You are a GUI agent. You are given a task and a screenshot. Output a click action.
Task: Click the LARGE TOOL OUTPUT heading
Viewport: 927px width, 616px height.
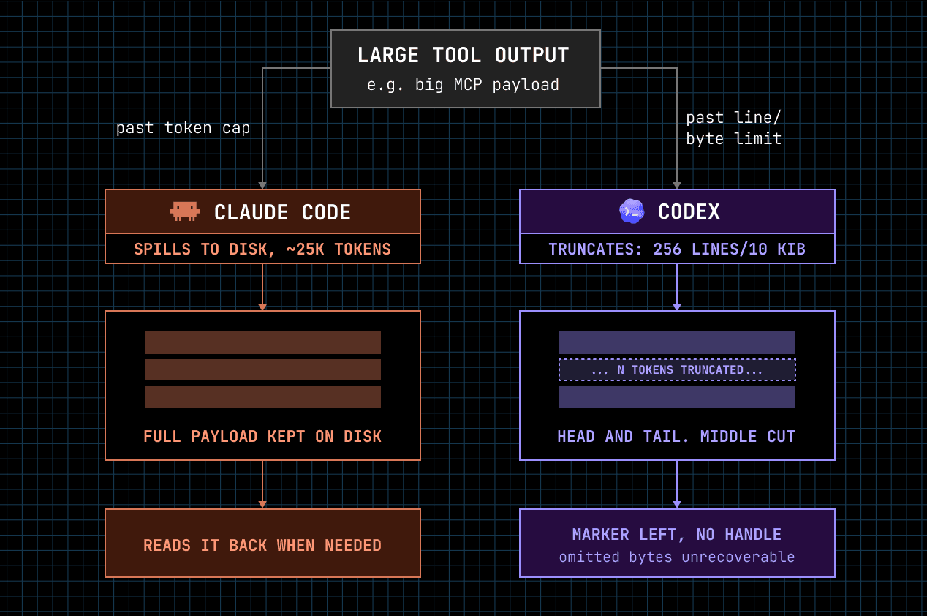463,55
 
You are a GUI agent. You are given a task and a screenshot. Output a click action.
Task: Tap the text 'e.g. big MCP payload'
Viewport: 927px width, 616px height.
463,85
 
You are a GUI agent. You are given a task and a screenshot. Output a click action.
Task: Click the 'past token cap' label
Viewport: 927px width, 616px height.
183,128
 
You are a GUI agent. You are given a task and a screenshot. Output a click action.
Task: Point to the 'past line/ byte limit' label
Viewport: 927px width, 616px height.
734,128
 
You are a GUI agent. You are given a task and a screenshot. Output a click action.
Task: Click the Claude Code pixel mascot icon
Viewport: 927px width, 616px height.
185,211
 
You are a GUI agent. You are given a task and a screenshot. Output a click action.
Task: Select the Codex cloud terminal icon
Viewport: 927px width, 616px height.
632,211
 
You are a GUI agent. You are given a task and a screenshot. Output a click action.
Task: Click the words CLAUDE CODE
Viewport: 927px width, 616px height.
282,212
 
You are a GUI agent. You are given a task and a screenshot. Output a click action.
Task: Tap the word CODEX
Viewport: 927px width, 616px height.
689,211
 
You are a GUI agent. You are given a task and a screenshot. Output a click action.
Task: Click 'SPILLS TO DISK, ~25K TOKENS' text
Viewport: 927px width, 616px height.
262,249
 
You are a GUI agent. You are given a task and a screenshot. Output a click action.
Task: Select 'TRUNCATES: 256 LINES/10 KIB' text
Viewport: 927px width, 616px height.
677,249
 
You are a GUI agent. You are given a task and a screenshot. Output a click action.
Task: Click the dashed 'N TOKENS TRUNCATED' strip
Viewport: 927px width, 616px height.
677,369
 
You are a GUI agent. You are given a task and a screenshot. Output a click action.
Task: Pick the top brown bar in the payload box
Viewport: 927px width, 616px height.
262,342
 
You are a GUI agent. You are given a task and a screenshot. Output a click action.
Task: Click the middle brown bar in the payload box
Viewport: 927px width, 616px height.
262,369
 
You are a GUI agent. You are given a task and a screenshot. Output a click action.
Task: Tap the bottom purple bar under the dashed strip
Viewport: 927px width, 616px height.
677,397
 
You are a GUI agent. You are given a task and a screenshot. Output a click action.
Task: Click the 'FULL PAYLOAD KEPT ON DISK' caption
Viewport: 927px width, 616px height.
262,436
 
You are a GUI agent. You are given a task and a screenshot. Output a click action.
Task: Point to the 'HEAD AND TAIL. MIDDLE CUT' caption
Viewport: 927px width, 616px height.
676,436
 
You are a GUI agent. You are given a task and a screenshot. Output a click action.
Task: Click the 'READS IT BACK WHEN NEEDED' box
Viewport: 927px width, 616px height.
262,543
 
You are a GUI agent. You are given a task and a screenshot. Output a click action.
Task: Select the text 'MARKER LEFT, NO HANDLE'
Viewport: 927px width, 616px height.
677,534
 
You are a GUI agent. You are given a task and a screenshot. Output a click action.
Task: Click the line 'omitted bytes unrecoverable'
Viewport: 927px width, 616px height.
677,557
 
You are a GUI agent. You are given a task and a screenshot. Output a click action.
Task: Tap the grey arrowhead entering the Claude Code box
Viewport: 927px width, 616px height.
262,185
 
